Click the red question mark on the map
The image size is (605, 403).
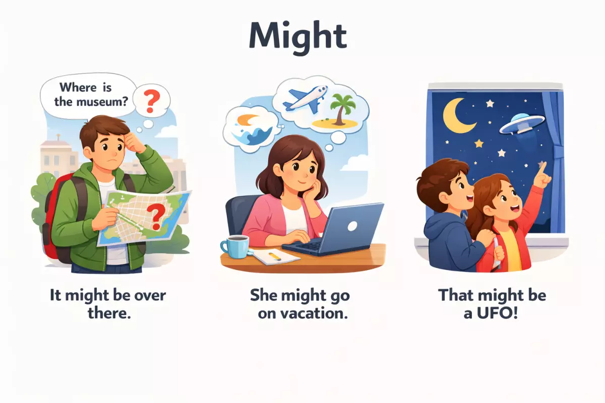(155, 217)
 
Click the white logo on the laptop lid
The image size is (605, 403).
(352, 226)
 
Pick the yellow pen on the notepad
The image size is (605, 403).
(275, 256)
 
